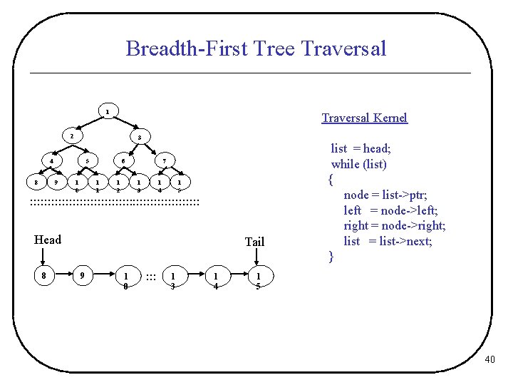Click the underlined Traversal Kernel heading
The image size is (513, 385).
364,118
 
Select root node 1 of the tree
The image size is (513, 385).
107,112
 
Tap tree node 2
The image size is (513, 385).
71,135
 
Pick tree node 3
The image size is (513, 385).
140,137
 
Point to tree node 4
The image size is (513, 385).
51,161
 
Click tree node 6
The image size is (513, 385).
123,161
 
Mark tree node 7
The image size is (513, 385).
163,161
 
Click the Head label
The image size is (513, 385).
48,240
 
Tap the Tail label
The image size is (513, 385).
254,242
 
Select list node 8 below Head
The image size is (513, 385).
45,275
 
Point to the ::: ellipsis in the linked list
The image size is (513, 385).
150,277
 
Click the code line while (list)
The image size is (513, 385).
358,164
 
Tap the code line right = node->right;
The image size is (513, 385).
395,225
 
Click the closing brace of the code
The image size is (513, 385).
331,256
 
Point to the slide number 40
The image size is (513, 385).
489,360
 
